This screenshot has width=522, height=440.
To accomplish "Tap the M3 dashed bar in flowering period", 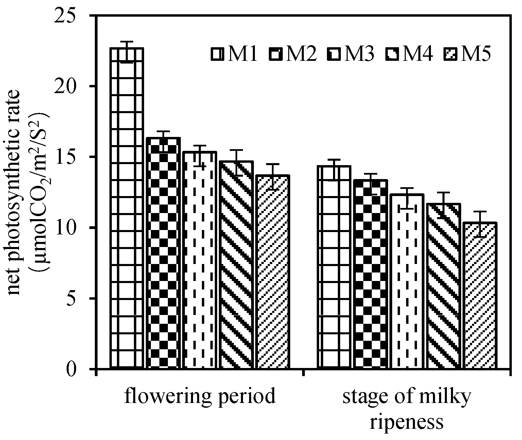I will tap(200, 260).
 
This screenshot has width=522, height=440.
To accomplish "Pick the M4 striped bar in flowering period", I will tap(236, 265).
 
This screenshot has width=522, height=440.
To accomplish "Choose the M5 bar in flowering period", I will tap(273, 272).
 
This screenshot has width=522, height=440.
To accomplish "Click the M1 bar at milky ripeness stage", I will tap(334, 267).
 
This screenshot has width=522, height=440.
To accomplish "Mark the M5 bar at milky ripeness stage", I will tap(480, 295).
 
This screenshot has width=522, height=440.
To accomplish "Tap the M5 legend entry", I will tap(467, 54).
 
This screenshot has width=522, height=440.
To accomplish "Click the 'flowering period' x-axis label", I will tap(199, 396).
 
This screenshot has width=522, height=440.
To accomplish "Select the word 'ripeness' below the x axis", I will tap(407, 422).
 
